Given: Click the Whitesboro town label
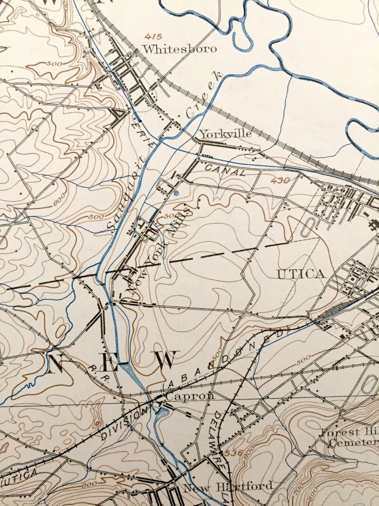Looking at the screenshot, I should tap(179, 49).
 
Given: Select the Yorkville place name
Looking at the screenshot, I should tap(225, 134).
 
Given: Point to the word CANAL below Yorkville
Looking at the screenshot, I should tap(226, 170).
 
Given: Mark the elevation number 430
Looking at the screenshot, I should tap(280, 181).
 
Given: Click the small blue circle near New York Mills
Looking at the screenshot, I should tap(176, 194).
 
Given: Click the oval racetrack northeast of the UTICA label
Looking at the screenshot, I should tap(308, 228).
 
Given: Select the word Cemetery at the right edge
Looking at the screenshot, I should tap(353, 443).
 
